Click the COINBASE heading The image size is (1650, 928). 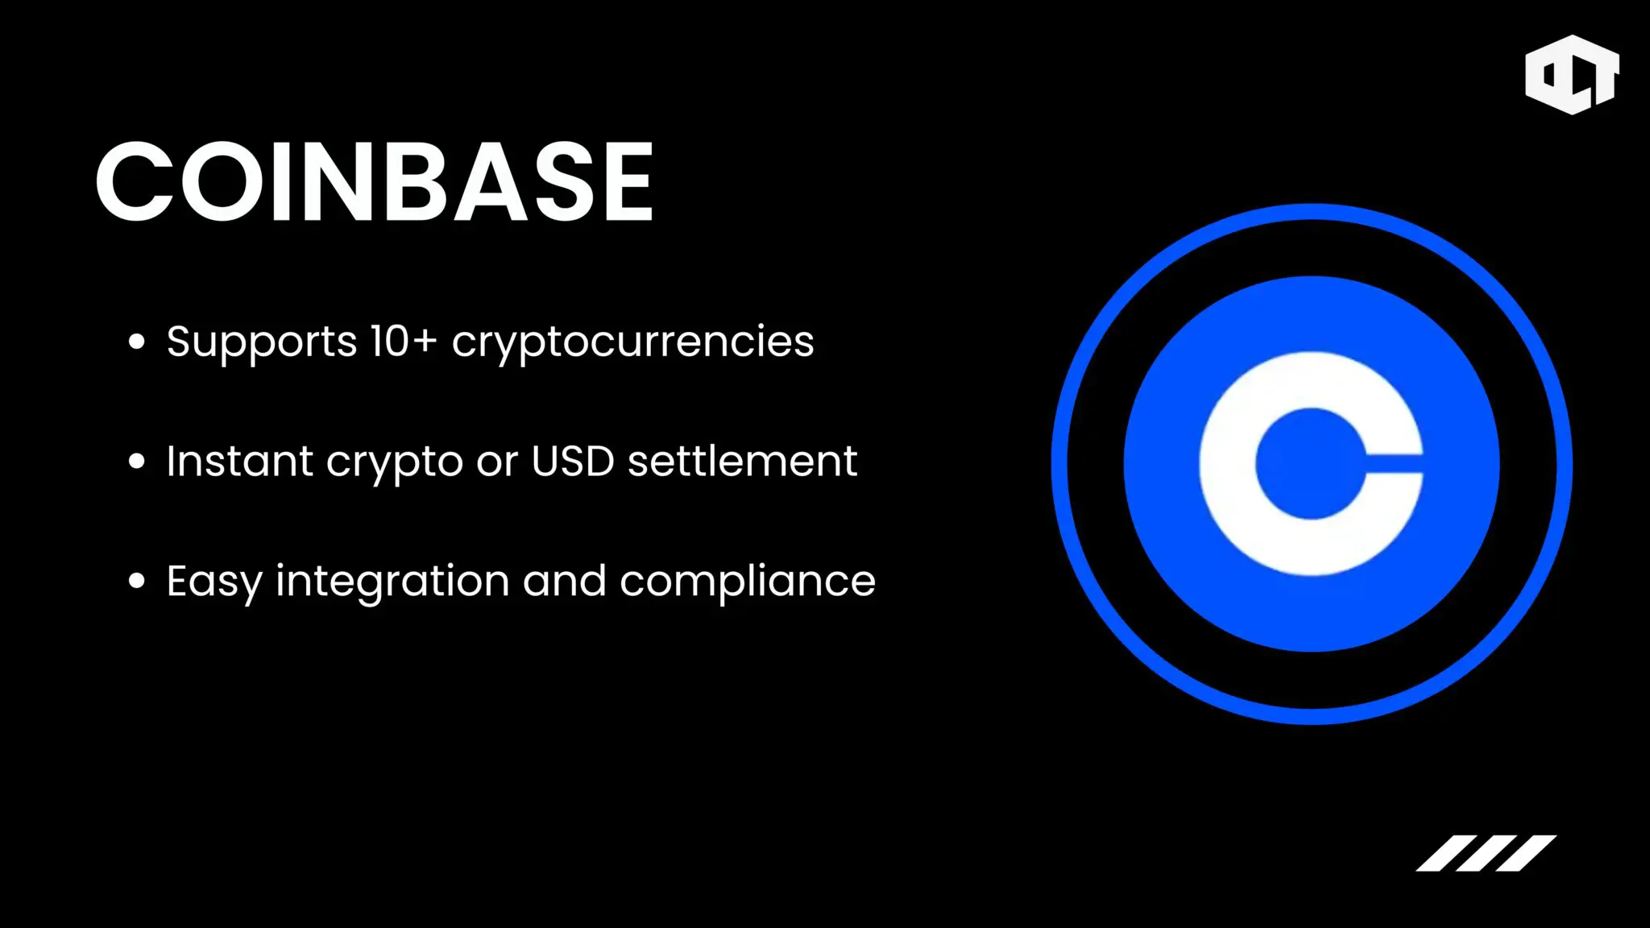[375, 181]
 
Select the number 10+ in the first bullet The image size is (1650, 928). [404, 341]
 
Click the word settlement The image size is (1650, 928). [742, 461]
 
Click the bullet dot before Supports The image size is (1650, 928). [137, 342]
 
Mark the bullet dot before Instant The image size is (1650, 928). [137, 462]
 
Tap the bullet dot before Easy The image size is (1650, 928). [137, 581]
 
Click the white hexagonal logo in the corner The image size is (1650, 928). [1572, 74]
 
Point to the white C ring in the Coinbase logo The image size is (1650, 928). [1227, 464]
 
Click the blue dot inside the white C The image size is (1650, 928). [1311, 464]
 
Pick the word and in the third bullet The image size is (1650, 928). [564, 580]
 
